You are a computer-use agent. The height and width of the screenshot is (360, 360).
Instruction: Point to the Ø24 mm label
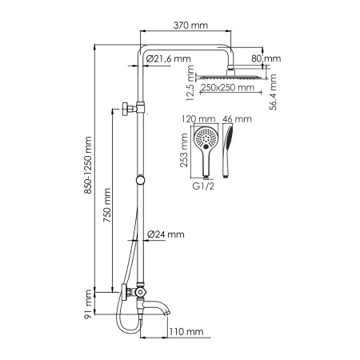point(166,234)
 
